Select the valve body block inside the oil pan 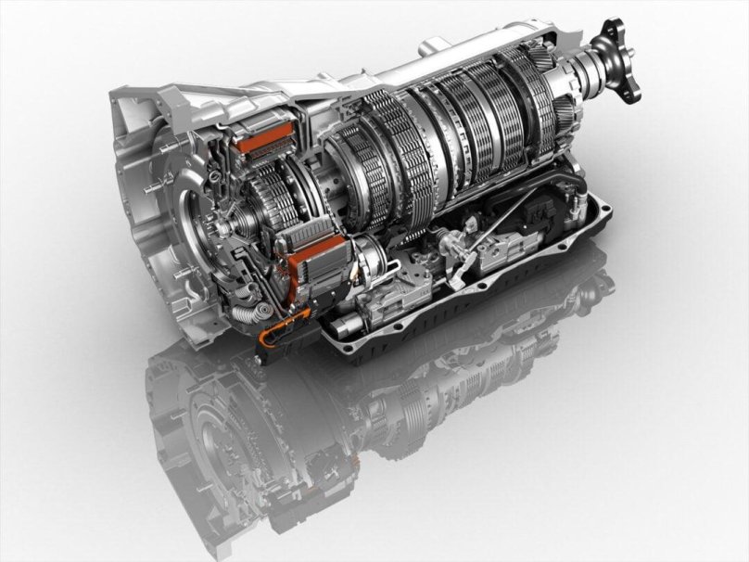click(510, 255)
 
